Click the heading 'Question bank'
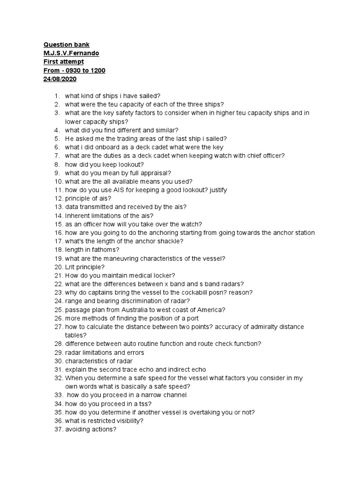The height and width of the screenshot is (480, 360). [66, 45]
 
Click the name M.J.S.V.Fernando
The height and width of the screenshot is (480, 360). [71, 53]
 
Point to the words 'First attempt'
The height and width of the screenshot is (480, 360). [64, 62]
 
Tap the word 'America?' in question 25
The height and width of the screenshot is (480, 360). [211, 309]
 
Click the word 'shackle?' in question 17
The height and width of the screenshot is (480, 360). [170, 241]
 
